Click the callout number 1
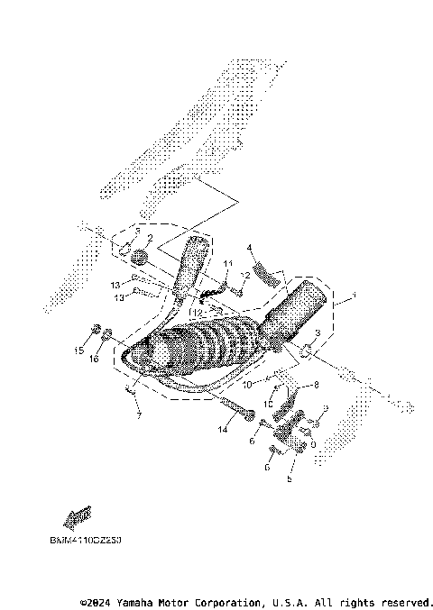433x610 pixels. (x=355, y=296)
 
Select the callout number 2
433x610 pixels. (x=150, y=239)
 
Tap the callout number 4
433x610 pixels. (x=249, y=246)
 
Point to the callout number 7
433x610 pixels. (x=139, y=415)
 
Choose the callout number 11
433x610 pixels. (x=228, y=263)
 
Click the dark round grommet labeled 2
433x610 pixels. (x=139, y=258)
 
